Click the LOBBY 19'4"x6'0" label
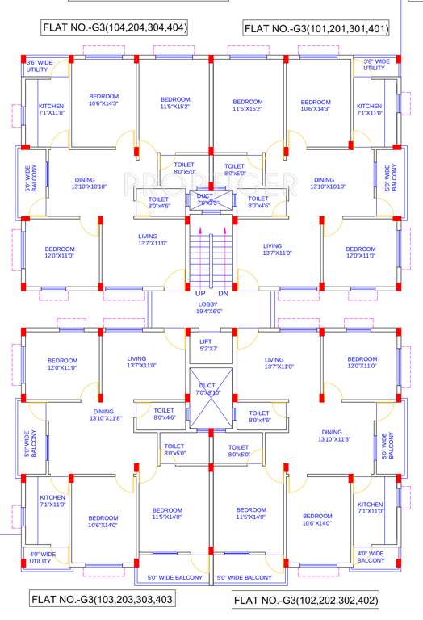(x=207, y=307)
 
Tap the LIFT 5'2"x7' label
(x=205, y=346)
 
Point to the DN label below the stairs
(x=222, y=293)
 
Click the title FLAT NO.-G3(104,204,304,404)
(x=115, y=28)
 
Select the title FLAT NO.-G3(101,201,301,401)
(x=316, y=29)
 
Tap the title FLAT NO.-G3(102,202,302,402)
(x=305, y=601)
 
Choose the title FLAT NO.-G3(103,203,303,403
(x=103, y=600)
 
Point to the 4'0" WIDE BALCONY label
(x=371, y=557)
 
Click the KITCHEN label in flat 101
(x=369, y=110)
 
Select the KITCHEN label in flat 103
(x=52, y=501)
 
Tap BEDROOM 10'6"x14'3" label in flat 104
(x=103, y=99)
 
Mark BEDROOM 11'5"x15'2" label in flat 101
(x=248, y=105)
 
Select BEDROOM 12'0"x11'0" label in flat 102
(x=362, y=362)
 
